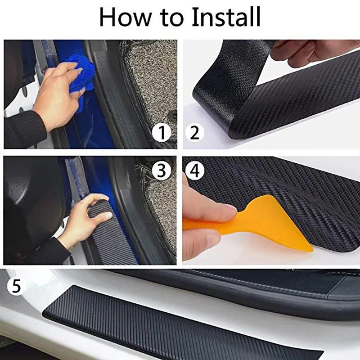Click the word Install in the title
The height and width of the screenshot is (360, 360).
click(x=226, y=18)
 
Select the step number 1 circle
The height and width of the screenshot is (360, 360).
click(x=162, y=132)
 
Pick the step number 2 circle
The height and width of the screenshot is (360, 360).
click(x=194, y=132)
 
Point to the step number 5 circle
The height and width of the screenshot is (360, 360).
click(x=16, y=286)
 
